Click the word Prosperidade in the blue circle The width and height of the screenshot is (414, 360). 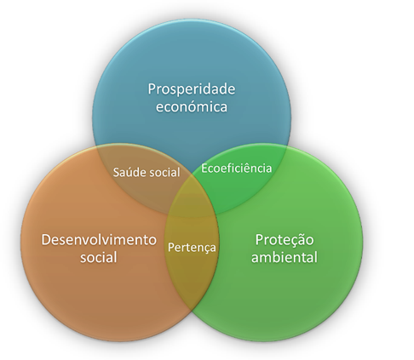tap(192, 90)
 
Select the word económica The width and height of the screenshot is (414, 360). tap(192, 107)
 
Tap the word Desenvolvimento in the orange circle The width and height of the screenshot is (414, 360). tap(99, 240)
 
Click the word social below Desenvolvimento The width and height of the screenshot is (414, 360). tap(99, 257)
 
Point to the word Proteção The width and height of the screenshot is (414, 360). tap(285, 241)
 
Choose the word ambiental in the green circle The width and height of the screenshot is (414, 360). tap(284, 257)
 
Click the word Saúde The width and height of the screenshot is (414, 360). tap(127, 173)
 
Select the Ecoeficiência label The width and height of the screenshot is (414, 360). tap(236, 168)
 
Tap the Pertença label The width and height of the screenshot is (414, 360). tap(192, 248)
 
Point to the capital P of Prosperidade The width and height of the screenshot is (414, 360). tap(152, 89)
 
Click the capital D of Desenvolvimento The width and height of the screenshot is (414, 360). tap(46, 240)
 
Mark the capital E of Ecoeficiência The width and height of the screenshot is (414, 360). tap(204, 168)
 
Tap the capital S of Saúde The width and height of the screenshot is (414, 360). tap(116, 173)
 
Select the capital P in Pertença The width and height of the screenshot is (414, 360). tap(170, 248)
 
